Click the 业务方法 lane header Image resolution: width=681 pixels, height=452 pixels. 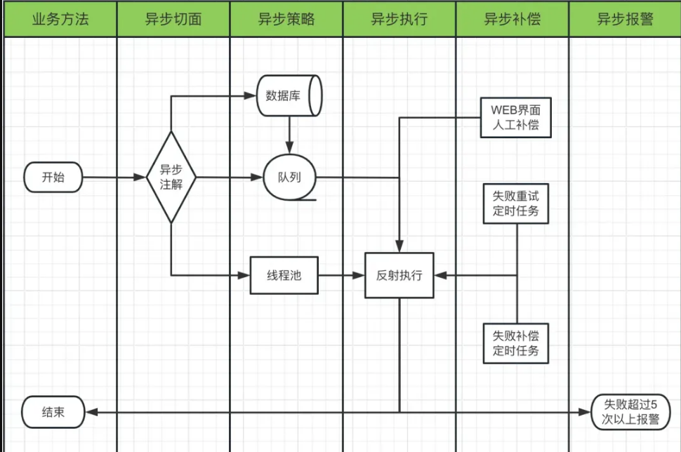[x=60, y=19]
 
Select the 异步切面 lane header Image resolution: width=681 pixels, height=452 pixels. [x=173, y=19]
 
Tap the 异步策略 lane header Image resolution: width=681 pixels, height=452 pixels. [x=286, y=19]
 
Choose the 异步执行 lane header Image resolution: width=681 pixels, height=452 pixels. [x=399, y=19]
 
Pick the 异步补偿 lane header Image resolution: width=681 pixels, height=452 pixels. [x=513, y=19]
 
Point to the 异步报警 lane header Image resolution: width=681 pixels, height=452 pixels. [x=625, y=19]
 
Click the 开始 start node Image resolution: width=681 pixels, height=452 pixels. [x=53, y=178]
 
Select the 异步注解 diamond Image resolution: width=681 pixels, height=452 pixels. [x=171, y=178]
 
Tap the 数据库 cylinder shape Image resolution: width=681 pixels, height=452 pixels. [x=288, y=95]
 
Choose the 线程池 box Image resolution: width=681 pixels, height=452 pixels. [x=284, y=275]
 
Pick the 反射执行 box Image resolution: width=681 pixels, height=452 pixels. [x=399, y=275]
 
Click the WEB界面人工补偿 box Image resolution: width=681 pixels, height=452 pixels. [x=516, y=118]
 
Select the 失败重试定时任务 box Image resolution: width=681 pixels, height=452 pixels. [x=516, y=204]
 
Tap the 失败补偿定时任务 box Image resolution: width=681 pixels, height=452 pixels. [x=516, y=343]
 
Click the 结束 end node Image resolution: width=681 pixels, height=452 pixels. [x=53, y=412]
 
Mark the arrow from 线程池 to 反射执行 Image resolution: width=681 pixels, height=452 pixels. [x=341, y=275]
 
